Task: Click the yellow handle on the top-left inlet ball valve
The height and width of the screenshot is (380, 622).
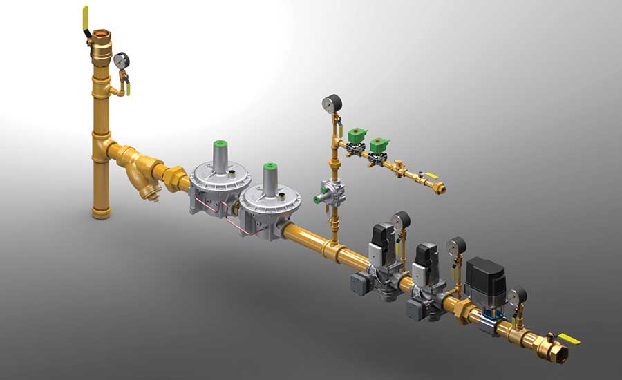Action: pos(86,19)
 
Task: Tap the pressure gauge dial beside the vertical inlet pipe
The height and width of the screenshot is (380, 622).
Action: pos(121,60)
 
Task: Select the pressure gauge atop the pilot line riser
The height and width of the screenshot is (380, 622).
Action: pos(329,104)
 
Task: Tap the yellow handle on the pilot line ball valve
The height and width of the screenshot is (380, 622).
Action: pos(429,177)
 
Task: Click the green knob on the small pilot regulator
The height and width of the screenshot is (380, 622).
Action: pos(319,198)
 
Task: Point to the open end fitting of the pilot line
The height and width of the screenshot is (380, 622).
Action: pos(440,189)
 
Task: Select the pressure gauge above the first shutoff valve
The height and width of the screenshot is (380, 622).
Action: pos(400,220)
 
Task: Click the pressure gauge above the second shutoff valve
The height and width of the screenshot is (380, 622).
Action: pos(455,245)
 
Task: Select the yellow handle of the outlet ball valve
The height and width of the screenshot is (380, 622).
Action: pos(568,339)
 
